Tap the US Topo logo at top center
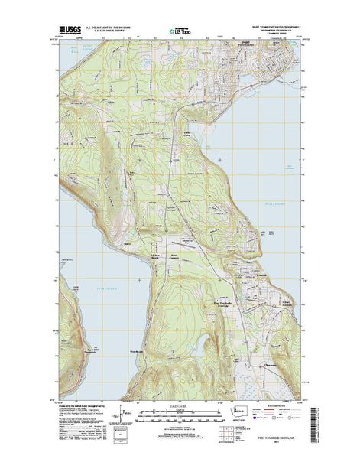(x=180, y=32)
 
